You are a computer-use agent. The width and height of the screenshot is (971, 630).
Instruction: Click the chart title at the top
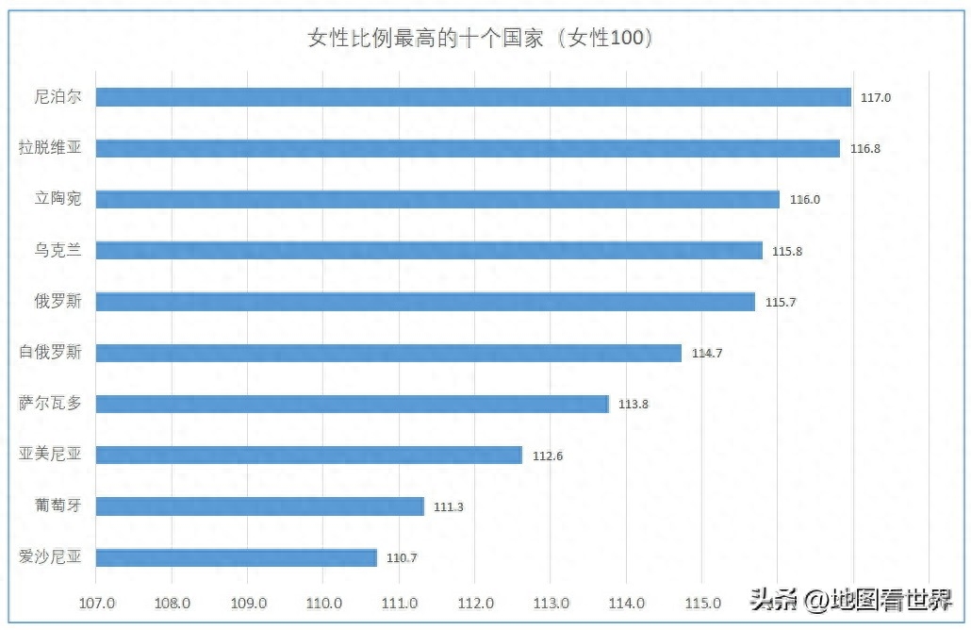(481, 39)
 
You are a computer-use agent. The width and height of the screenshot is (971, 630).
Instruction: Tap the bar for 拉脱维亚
(468, 148)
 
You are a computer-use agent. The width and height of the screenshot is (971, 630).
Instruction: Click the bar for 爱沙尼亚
(237, 557)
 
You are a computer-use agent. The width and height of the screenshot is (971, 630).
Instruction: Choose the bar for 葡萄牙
(260, 506)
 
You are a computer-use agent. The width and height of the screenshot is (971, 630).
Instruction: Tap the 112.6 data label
(547, 456)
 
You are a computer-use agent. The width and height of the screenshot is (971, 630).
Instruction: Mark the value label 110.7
(402, 557)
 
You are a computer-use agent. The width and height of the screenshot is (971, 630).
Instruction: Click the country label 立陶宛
(58, 199)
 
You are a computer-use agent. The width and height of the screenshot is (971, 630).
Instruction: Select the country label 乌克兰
(58, 250)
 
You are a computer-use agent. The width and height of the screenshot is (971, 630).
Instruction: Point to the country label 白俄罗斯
(51, 353)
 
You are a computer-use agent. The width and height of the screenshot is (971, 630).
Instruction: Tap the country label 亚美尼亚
(51, 455)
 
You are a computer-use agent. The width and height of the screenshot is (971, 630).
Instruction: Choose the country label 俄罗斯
(58, 301)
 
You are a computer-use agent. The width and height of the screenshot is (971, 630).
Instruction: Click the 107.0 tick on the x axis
(96, 603)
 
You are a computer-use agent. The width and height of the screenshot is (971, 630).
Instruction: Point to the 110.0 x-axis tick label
(323, 603)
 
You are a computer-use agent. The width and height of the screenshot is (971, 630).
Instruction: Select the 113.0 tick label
(551, 603)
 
